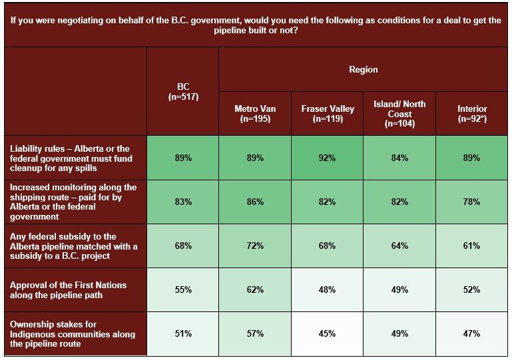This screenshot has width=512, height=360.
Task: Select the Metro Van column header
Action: (255, 113)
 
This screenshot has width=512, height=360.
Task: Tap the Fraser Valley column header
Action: (328, 113)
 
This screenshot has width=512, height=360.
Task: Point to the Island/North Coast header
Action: (399, 113)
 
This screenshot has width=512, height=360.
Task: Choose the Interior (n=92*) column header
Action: (472, 113)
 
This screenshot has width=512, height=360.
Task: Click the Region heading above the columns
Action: (363, 69)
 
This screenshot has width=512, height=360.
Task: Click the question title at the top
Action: (256, 25)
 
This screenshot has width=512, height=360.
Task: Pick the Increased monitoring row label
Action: (73, 202)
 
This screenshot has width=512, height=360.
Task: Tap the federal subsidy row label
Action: (73, 246)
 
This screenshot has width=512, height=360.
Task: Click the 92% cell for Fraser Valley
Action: (328, 158)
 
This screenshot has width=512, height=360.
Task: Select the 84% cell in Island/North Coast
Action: (399, 158)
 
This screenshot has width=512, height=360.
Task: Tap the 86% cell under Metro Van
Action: (255, 202)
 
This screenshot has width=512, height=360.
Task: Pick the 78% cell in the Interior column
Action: (472, 202)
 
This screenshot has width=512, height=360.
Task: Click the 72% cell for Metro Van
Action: (255, 246)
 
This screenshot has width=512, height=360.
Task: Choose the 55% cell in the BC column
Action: (183, 289)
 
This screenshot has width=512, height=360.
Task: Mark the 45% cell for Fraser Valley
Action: (328, 333)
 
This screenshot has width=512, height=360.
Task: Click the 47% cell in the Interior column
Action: (472, 333)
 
